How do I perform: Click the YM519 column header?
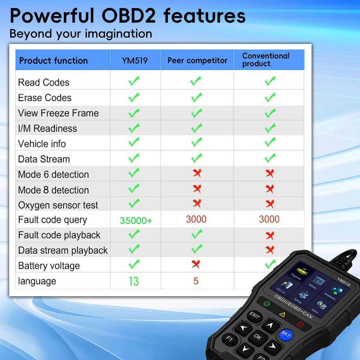135,60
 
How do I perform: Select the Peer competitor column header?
197,60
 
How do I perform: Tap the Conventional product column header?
266,60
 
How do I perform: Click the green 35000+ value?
136,221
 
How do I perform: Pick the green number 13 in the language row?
134,281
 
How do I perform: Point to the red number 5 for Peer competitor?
196,281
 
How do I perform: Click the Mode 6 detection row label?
53,174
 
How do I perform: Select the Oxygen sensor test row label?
58,205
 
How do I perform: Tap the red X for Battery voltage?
196,264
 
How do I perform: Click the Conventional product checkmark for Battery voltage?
270,264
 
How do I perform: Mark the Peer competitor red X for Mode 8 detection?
197,189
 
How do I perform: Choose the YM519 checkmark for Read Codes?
134,82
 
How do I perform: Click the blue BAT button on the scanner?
286,335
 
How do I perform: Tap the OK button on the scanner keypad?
258,337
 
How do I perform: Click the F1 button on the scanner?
230,339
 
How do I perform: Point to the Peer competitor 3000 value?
196,219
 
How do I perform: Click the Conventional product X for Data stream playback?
270,250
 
